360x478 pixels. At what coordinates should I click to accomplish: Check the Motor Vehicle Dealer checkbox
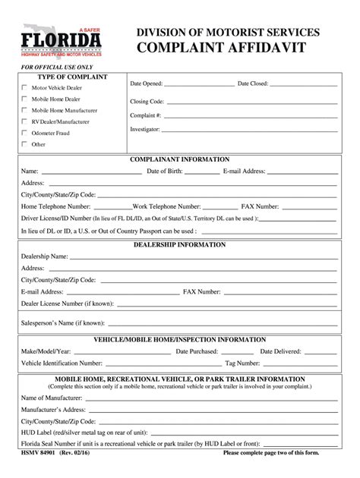pyautogui.click(x=24, y=88)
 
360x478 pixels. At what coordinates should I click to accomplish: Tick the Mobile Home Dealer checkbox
pyautogui.click(x=24, y=99)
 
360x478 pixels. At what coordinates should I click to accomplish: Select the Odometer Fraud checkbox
pyautogui.click(x=24, y=133)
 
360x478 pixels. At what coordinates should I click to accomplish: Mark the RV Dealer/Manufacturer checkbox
pyautogui.click(x=24, y=121)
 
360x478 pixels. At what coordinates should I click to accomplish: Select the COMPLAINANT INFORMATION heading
pyautogui.click(x=180, y=160)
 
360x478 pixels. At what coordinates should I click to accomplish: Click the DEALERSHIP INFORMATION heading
pyautogui.click(x=180, y=245)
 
